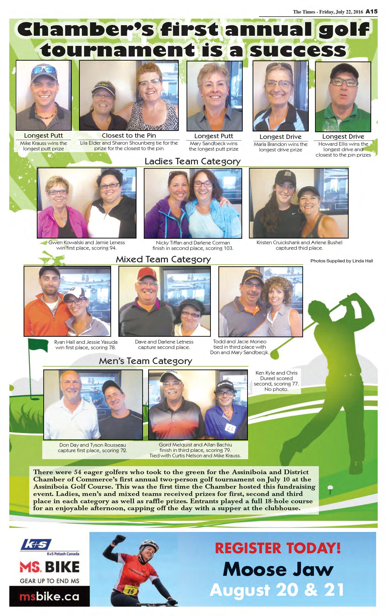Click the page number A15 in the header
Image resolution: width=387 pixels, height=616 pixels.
[371, 12]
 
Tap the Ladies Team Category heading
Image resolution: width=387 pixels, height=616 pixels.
[192, 161]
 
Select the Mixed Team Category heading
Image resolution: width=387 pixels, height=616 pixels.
[163, 259]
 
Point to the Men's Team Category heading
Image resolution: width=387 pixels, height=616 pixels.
[145, 361]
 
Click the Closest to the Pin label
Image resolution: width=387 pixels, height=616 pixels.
[129, 135]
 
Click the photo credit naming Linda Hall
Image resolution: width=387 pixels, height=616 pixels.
[341, 261]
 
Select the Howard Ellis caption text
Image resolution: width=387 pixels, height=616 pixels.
[343, 149]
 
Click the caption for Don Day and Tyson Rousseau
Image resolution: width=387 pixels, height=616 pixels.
[92, 448]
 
